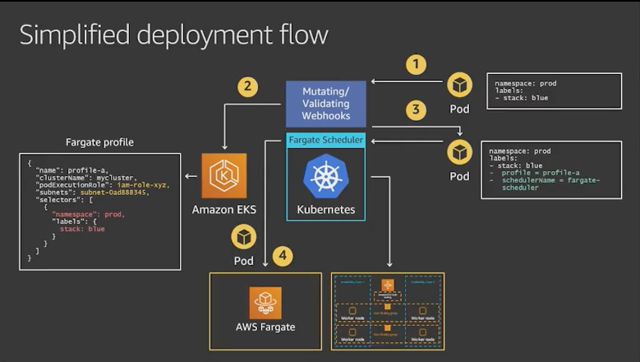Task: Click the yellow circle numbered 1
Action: coord(417,64)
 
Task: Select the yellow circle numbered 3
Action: coord(417,109)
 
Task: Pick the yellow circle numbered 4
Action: coord(282,256)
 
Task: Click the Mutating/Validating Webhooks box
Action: coord(326,104)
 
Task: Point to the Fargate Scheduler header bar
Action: coord(326,140)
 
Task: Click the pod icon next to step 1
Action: coord(459,84)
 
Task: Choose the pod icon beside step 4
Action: coord(244,238)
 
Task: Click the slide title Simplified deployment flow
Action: coord(174,35)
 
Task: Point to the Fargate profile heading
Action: coord(99,142)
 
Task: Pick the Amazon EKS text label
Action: coord(223,209)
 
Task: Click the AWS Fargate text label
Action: coord(265,327)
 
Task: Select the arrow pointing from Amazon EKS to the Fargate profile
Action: coord(191,175)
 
